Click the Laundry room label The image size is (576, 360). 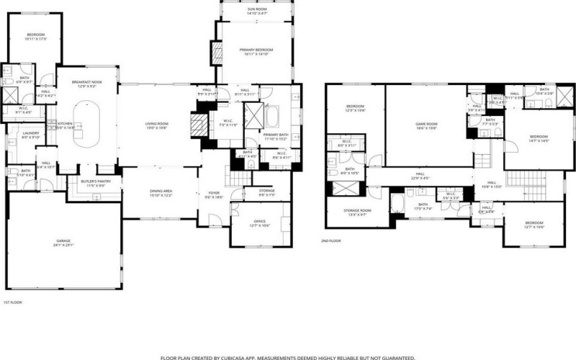pos(30,135)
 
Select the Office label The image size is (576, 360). pos(260,223)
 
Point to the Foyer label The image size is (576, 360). pos(214,194)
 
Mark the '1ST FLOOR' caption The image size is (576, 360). pos(13,303)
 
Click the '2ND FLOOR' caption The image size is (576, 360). pos(330,241)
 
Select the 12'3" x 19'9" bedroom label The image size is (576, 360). pos(356,109)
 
